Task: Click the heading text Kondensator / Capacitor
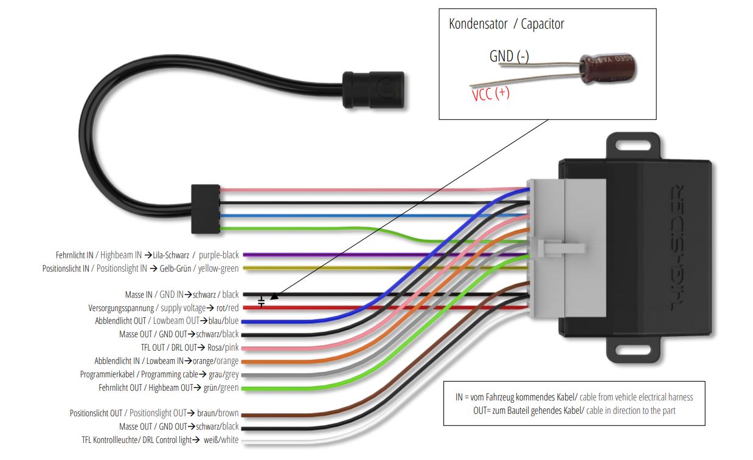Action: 506,24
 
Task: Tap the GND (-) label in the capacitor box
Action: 509,57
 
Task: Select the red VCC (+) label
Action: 490,94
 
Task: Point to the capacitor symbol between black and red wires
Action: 262,301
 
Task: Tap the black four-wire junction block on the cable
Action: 201,209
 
